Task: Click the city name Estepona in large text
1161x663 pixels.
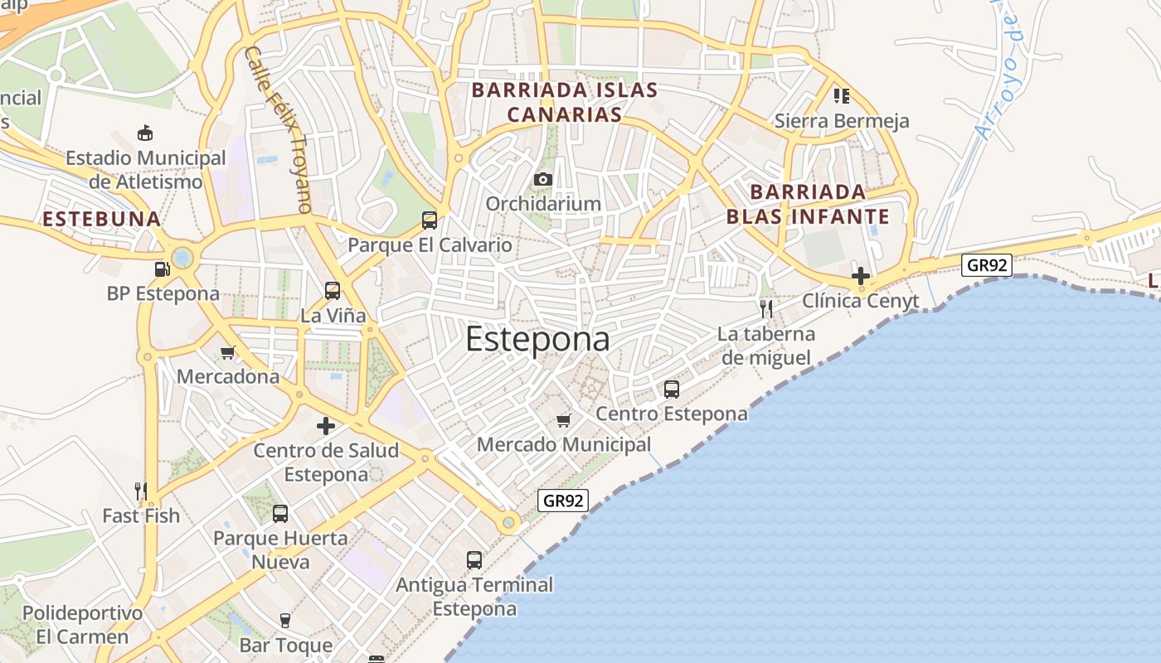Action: pyautogui.click(x=537, y=339)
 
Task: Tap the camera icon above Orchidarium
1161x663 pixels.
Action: pyautogui.click(x=543, y=179)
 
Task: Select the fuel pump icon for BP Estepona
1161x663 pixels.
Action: pyautogui.click(x=162, y=269)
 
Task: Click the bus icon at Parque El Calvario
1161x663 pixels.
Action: pyautogui.click(x=430, y=220)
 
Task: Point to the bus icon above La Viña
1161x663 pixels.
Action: pyautogui.click(x=333, y=291)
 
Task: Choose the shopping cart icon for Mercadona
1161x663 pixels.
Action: pyautogui.click(x=228, y=353)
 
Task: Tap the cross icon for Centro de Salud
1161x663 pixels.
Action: pyautogui.click(x=326, y=426)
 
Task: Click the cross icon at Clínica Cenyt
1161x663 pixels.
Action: pyautogui.click(x=861, y=276)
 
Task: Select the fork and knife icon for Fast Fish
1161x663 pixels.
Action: pyautogui.click(x=141, y=491)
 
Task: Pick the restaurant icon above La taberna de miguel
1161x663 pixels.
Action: pyautogui.click(x=766, y=309)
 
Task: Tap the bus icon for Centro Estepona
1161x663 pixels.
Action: pyautogui.click(x=672, y=389)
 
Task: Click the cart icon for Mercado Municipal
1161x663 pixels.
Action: pyautogui.click(x=564, y=420)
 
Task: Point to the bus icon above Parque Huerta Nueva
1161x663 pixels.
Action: pyautogui.click(x=280, y=514)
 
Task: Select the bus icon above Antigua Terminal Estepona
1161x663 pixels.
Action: pyautogui.click(x=474, y=560)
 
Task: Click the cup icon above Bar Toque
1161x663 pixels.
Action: pyautogui.click(x=285, y=621)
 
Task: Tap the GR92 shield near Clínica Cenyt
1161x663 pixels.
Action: pyautogui.click(x=987, y=265)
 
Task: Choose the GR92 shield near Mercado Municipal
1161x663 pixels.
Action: pyautogui.click(x=563, y=501)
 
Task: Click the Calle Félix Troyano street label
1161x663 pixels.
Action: pyautogui.click(x=278, y=128)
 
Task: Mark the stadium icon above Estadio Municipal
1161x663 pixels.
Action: pyautogui.click(x=146, y=133)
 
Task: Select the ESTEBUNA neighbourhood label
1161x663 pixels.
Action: pyautogui.click(x=101, y=219)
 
